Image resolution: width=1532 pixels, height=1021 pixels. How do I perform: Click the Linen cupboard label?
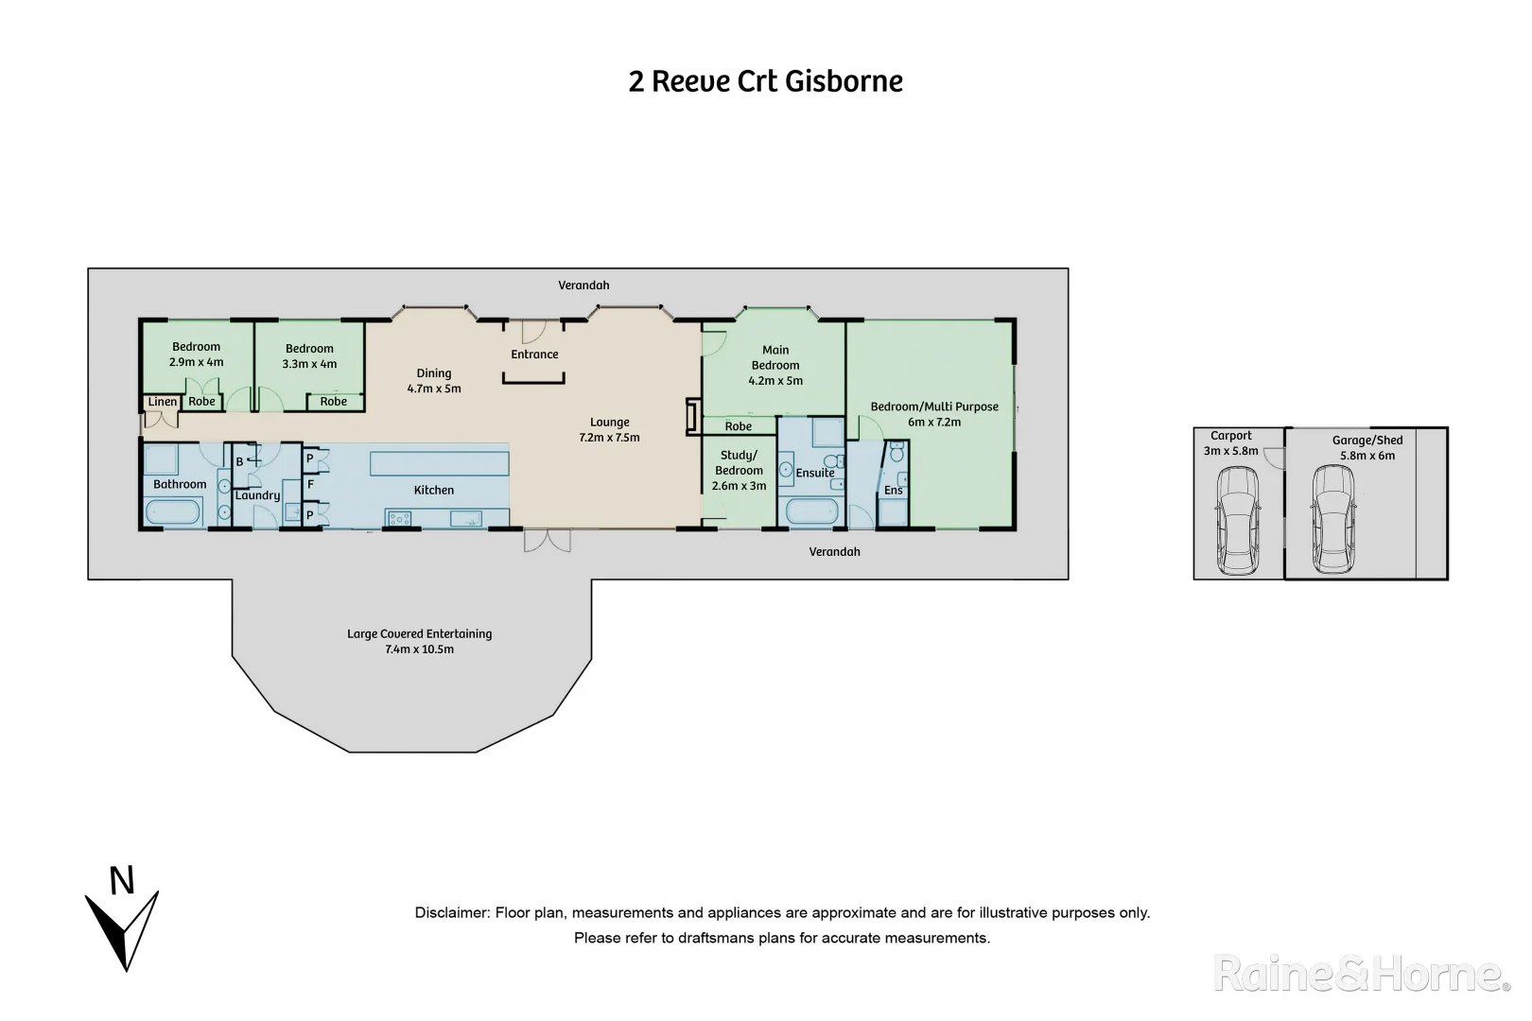point(162,402)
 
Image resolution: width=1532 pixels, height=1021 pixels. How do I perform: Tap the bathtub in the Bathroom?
point(173,512)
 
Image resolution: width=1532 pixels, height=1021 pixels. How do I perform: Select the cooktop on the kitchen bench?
point(398,517)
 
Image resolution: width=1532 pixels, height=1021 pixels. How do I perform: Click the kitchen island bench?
point(440,463)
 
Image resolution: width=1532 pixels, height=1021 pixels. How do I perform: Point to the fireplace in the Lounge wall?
point(692,417)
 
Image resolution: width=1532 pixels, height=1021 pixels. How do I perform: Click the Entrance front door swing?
point(532,332)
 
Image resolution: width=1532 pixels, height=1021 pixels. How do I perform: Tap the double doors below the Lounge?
point(548,540)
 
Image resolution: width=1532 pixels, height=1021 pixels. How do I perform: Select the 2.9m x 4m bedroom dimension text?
point(196,362)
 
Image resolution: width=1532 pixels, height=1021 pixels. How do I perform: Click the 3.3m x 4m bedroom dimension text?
point(309,364)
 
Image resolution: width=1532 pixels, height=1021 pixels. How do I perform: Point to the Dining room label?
point(434,373)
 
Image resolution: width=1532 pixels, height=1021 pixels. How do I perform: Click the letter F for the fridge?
point(310,484)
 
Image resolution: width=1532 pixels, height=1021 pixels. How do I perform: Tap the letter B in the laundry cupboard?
point(239,461)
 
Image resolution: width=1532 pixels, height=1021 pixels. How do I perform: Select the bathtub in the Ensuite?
point(812,512)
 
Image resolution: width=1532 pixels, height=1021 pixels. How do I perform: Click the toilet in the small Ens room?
point(897,455)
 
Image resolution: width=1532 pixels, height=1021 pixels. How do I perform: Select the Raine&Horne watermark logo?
point(1361,974)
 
